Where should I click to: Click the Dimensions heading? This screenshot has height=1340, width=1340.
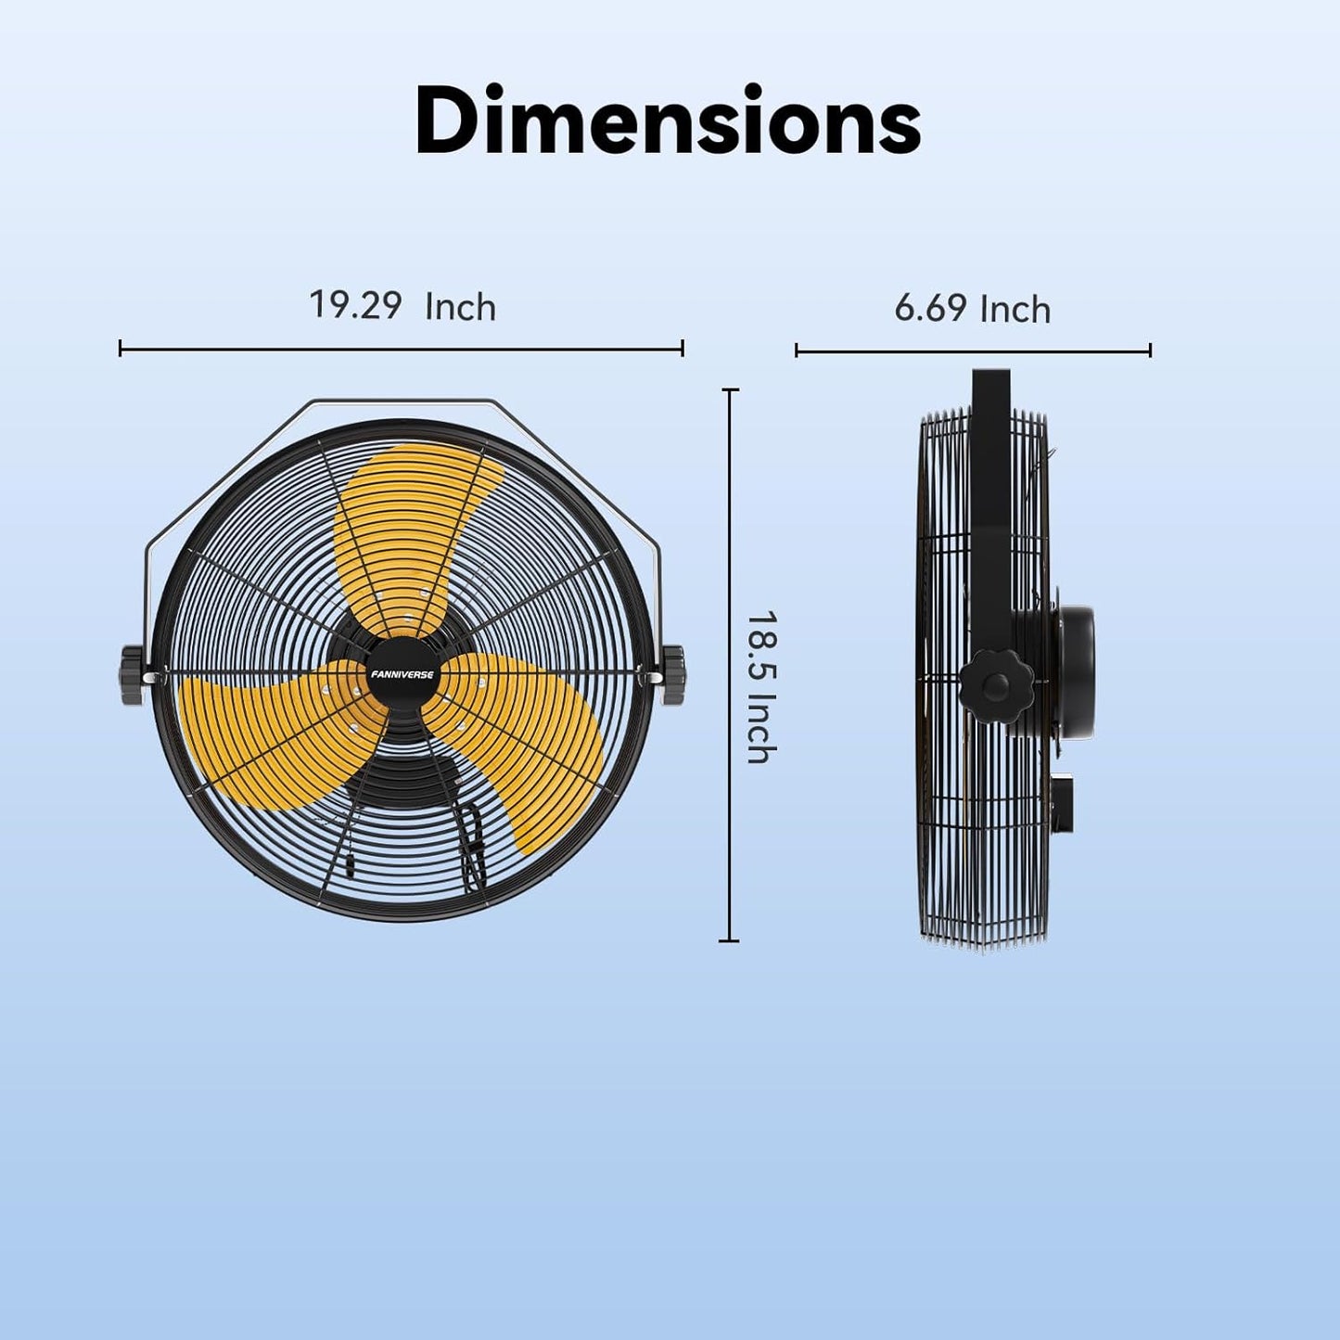(x=668, y=121)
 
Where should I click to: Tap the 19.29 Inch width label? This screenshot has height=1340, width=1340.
(x=402, y=306)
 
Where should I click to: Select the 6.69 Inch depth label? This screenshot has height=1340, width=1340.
(x=972, y=309)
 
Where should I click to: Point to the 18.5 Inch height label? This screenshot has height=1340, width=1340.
(x=760, y=687)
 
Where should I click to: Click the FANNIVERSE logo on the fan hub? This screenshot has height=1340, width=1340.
(x=402, y=674)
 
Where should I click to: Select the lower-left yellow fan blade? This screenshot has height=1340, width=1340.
(x=269, y=733)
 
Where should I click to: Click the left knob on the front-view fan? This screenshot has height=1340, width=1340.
(x=133, y=675)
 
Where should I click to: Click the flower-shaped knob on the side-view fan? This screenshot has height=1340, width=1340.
(x=996, y=687)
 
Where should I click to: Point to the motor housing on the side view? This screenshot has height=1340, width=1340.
(x=1066, y=672)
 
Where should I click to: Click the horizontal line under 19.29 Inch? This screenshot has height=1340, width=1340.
(x=402, y=349)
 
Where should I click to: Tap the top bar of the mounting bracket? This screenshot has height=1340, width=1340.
(x=402, y=402)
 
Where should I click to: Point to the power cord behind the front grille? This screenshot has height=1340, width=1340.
(x=473, y=844)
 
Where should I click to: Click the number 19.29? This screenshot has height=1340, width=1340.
(x=355, y=305)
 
